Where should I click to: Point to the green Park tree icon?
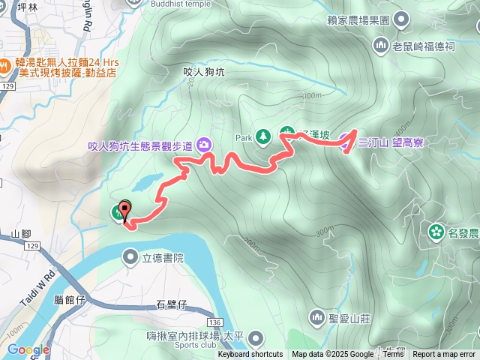point(263,136)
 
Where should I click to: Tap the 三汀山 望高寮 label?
point(391,142)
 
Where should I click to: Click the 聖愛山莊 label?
point(352,318)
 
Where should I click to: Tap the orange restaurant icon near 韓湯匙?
point(4,64)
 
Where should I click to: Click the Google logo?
point(28,349)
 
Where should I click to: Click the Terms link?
point(393,355)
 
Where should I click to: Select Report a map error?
point(444,355)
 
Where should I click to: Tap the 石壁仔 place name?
point(171,304)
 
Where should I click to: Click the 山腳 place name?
point(22,234)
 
